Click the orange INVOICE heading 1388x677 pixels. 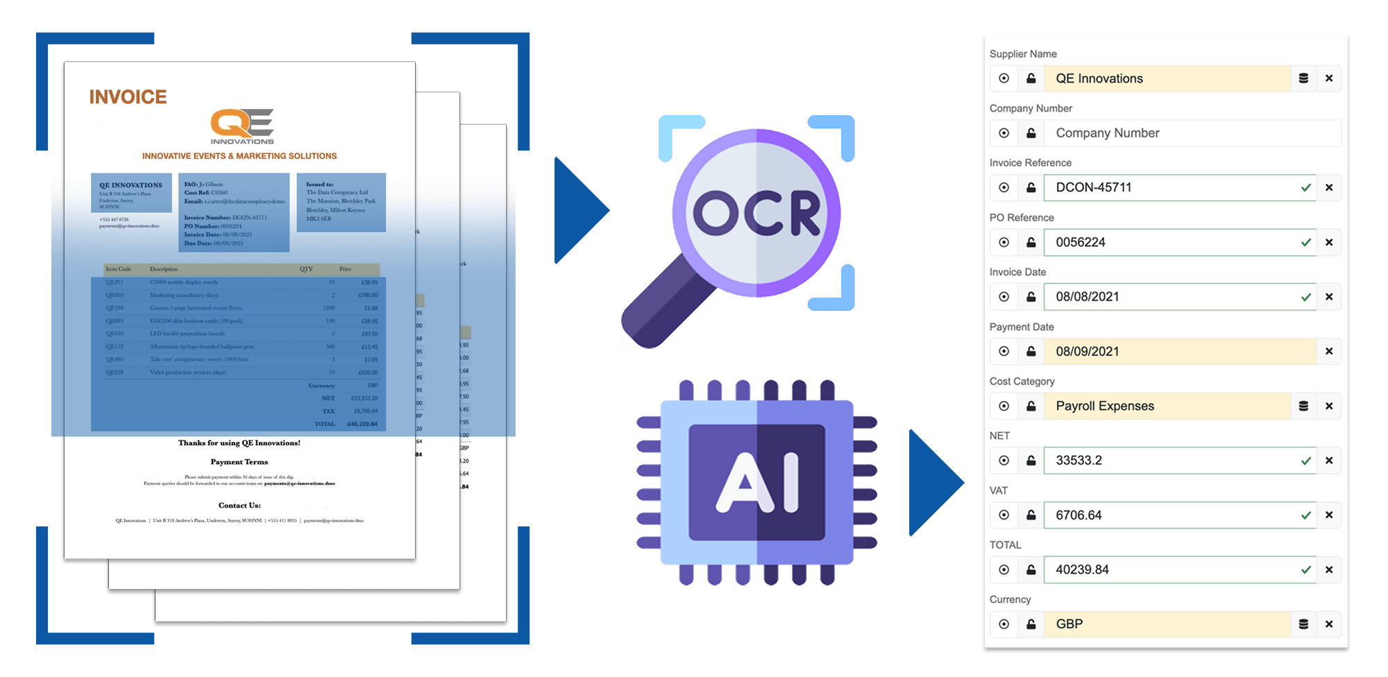point(128,97)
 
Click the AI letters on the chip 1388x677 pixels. point(757,482)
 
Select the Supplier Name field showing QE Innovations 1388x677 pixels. point(1166,78)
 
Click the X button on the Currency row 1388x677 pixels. point(1329,624)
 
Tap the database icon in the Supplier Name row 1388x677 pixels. point(1303,78)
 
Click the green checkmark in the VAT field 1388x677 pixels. point(1306,515)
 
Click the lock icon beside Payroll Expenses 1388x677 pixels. point(1031,406)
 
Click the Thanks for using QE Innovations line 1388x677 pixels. point(239,443)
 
